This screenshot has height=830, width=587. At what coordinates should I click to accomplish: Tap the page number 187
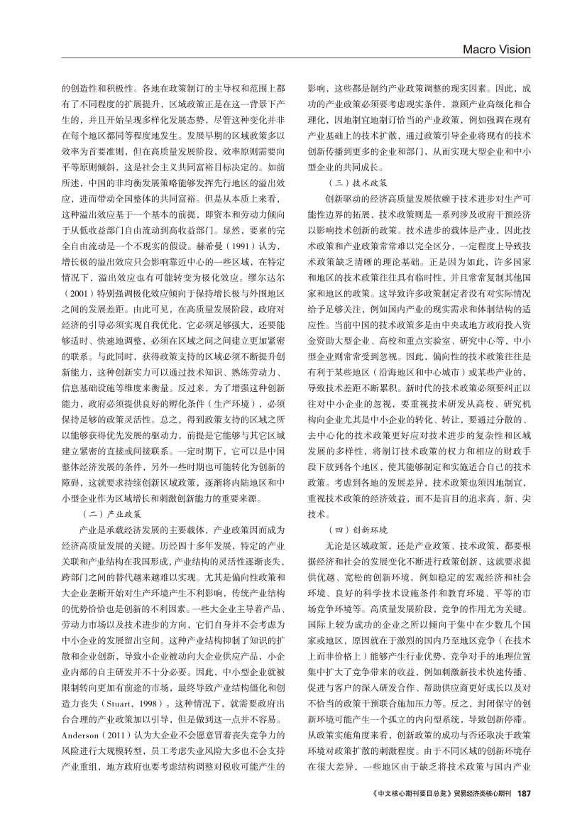click(524, 792)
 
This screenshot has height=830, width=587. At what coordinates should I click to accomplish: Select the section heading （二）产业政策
click(114, 513)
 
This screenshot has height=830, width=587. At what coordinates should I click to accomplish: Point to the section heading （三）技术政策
click(347, 182)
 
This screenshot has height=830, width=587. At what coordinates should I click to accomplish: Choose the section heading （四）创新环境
click(347, 530)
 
